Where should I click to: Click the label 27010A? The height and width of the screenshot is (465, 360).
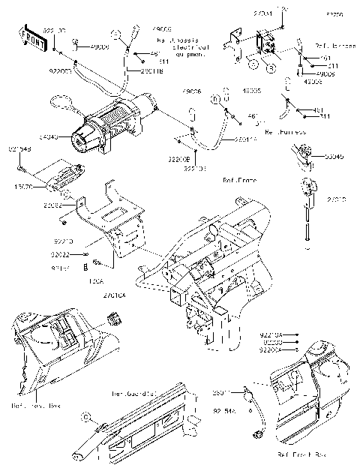(116, 296)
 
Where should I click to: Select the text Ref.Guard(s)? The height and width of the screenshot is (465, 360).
(133, 393)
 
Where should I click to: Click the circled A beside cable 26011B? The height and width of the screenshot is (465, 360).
(116, 34)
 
